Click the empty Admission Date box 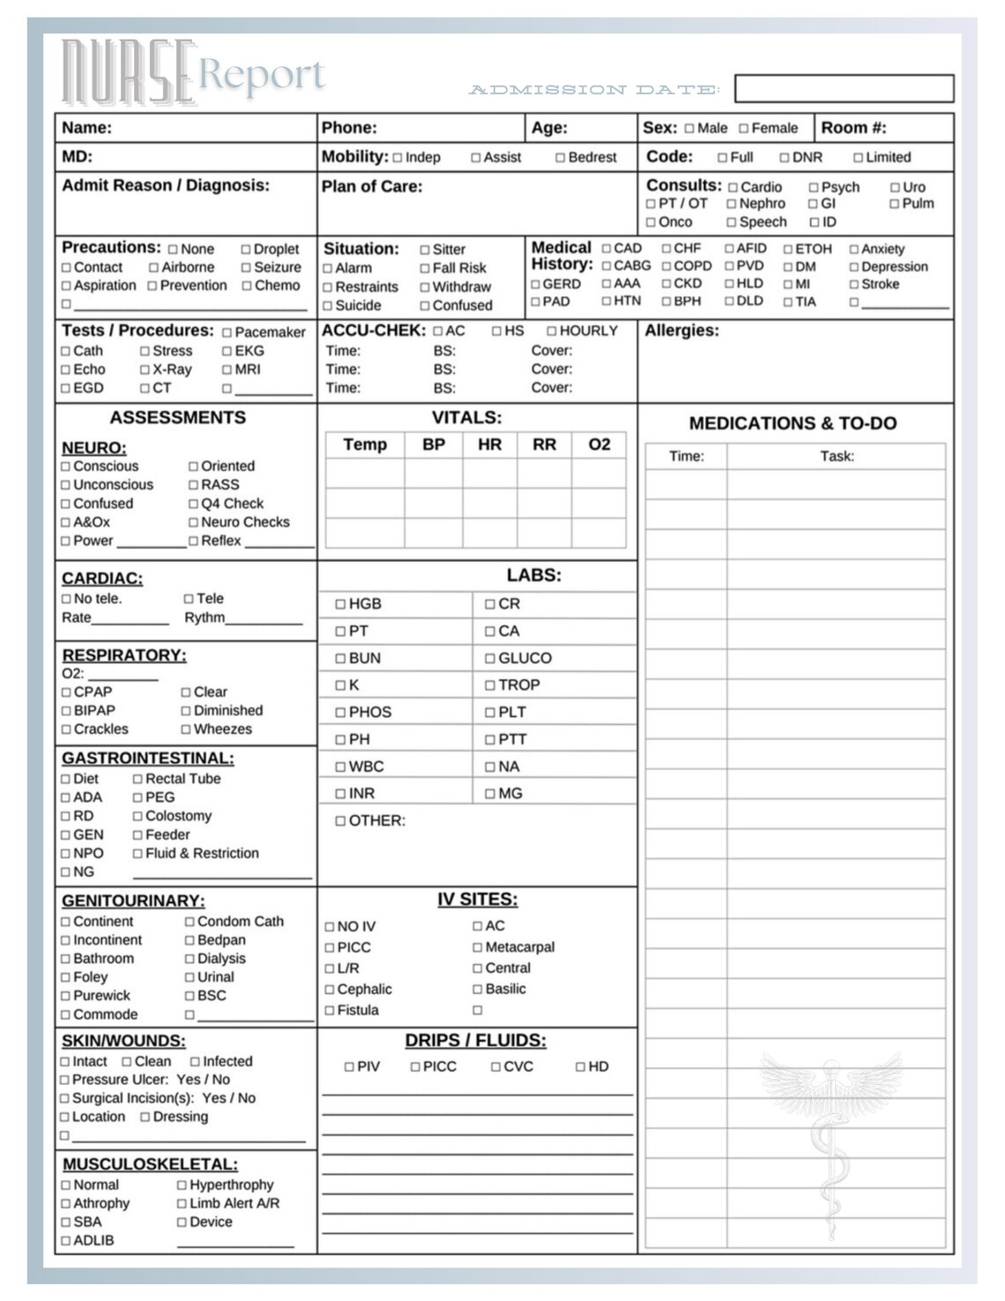(x=844, y=88)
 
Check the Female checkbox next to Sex (x=743, y=129)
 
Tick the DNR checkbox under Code (x=785, y=158)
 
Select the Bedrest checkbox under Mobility (x=560, y=158)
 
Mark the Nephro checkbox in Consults (x=731, y=204)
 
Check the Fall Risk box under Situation (x=425, y=268)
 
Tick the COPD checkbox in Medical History (x=666, y=266)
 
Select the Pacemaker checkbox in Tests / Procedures (x=227, y=333)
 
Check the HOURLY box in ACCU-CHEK (x=552, y=331)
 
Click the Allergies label (x=681, y=331)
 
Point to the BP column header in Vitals (x=434, y=445)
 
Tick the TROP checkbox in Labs (x=490, y=685)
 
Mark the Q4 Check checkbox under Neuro (x=193, y=504)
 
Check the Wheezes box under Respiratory (x=186, y=729)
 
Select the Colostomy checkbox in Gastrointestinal (x=138, y=817)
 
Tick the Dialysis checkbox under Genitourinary (x=190, y=959)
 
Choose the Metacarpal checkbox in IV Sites (x=478, y=947)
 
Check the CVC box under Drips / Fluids (x=496, y=1067)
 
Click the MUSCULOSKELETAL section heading (x=150, y=1164)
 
